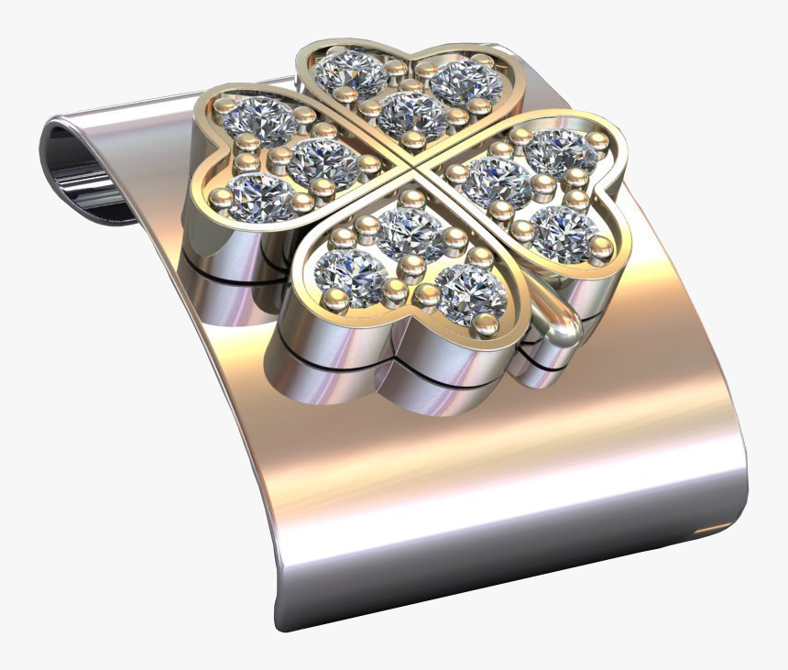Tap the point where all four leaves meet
click(411, 164)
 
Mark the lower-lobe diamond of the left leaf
click(260, 194)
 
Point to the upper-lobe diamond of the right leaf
click(561, 149)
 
